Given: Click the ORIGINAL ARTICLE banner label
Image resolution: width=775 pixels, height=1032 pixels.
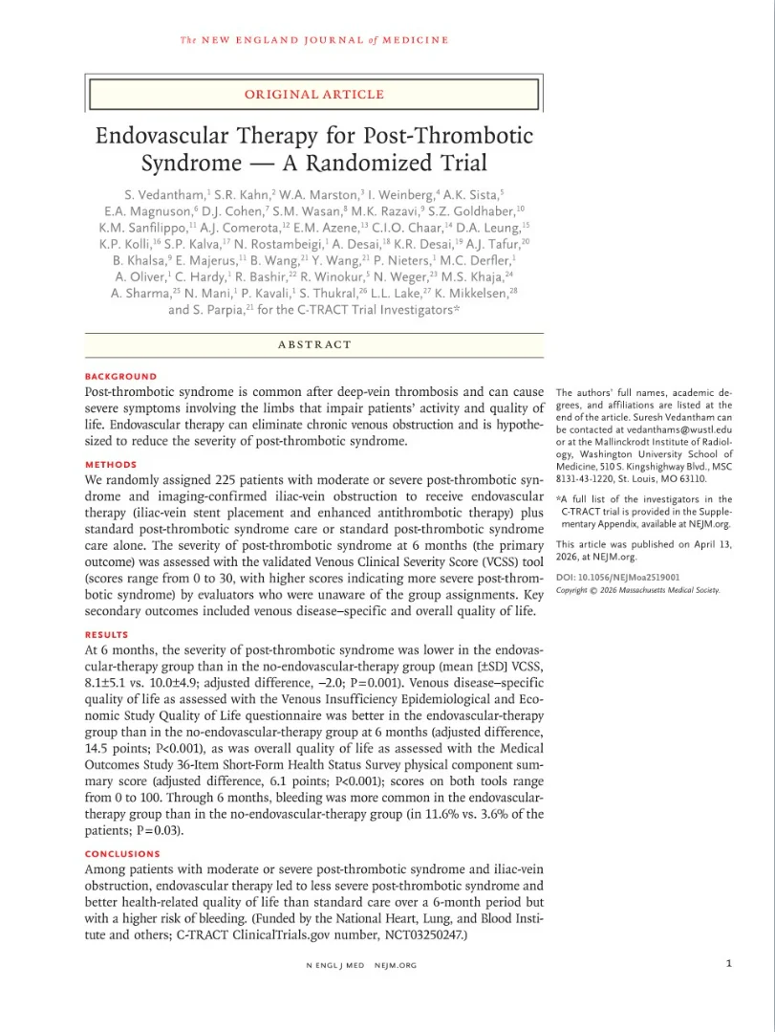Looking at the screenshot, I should (314, 95).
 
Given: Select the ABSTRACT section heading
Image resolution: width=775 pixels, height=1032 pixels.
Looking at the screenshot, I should (314, 344).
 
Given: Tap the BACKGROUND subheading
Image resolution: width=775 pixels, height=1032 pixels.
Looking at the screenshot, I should (120, 377).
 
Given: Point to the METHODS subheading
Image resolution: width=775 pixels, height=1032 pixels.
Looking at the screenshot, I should (111, 465).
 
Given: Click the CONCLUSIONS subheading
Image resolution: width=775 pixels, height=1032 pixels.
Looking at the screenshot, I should (123, 854).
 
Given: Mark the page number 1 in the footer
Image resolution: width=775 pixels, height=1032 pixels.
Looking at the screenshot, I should (729, 964).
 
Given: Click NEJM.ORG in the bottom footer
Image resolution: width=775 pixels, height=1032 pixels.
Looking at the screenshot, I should (396, 965).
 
